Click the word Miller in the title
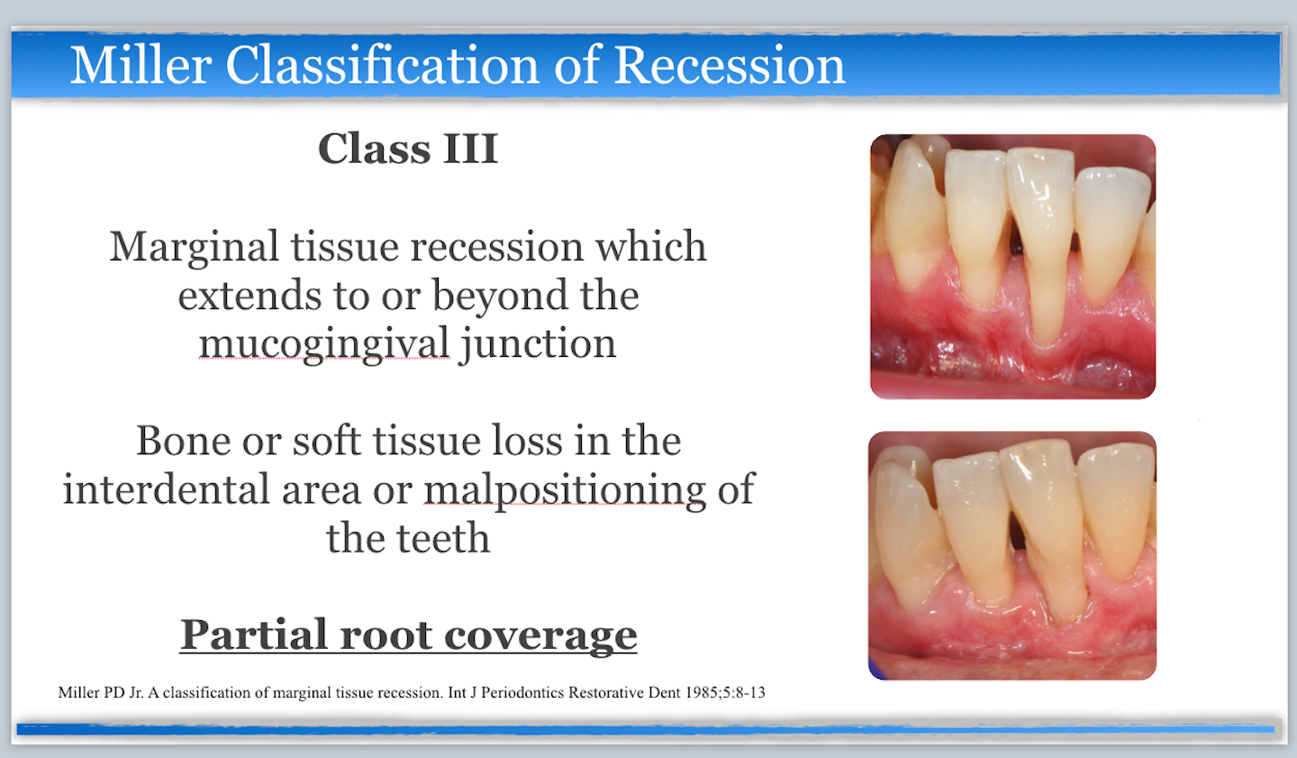pos(141,66)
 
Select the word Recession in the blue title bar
pos(730,66)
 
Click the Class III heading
pos(408,149)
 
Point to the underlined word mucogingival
pos(324,344)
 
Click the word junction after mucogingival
pos(538,344)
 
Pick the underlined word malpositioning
pos(565,489)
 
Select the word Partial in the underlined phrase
pos(253,635)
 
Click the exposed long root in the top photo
pos(1045,297)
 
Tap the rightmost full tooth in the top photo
pos(1112,234)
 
